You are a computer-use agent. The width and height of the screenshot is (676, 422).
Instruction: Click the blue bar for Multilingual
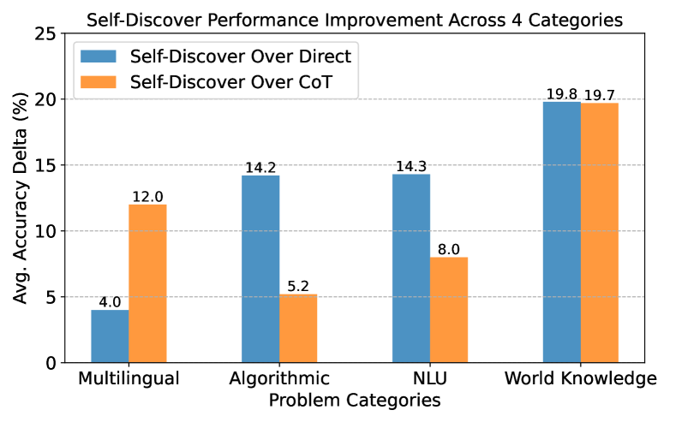pyautogui.click(x=110, y=336)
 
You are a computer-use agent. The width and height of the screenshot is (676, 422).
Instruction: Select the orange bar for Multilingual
pyautogui.click(x=147, y=283)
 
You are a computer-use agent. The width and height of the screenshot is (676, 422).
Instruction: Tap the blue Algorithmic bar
pyautogui.click(x=260, y=269)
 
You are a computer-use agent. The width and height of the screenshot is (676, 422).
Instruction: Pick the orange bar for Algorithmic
pyautogui.click(x=298, y=329)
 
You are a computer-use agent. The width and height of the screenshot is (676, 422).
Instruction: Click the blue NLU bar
pyautogui.click(x=411, y=268)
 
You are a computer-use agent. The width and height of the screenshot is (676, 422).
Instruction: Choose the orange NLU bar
pyautogui.click(x=449, y=310)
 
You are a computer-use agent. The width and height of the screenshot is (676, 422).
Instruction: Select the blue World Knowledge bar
pyautogui.click(x=562, y=232)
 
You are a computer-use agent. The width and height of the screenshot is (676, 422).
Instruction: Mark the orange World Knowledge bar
pyautogui.click(x=600, y=233)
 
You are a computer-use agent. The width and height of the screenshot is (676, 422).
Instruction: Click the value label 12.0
pyautogui.click(x=147, y=197)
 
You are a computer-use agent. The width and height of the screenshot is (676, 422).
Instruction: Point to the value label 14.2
pyautogui.click(x=260, y=168)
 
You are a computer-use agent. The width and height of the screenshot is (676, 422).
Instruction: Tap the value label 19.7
pyautogui.click(x=601, y=95)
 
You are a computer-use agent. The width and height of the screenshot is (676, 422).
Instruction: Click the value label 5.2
pyautogui.click(x=298, y=286)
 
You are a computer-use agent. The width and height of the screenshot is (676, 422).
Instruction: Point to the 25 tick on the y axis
pyautogui.click(x=50, y=33)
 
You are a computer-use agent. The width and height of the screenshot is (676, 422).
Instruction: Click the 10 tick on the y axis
pyautogui.click(x=50, y=231)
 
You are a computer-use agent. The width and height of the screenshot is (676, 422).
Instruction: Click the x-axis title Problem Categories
pyautogui.click(x=355, y=401)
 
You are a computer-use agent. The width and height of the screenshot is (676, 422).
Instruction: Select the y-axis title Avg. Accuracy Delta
pyautogui.click(x=21, y=198)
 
